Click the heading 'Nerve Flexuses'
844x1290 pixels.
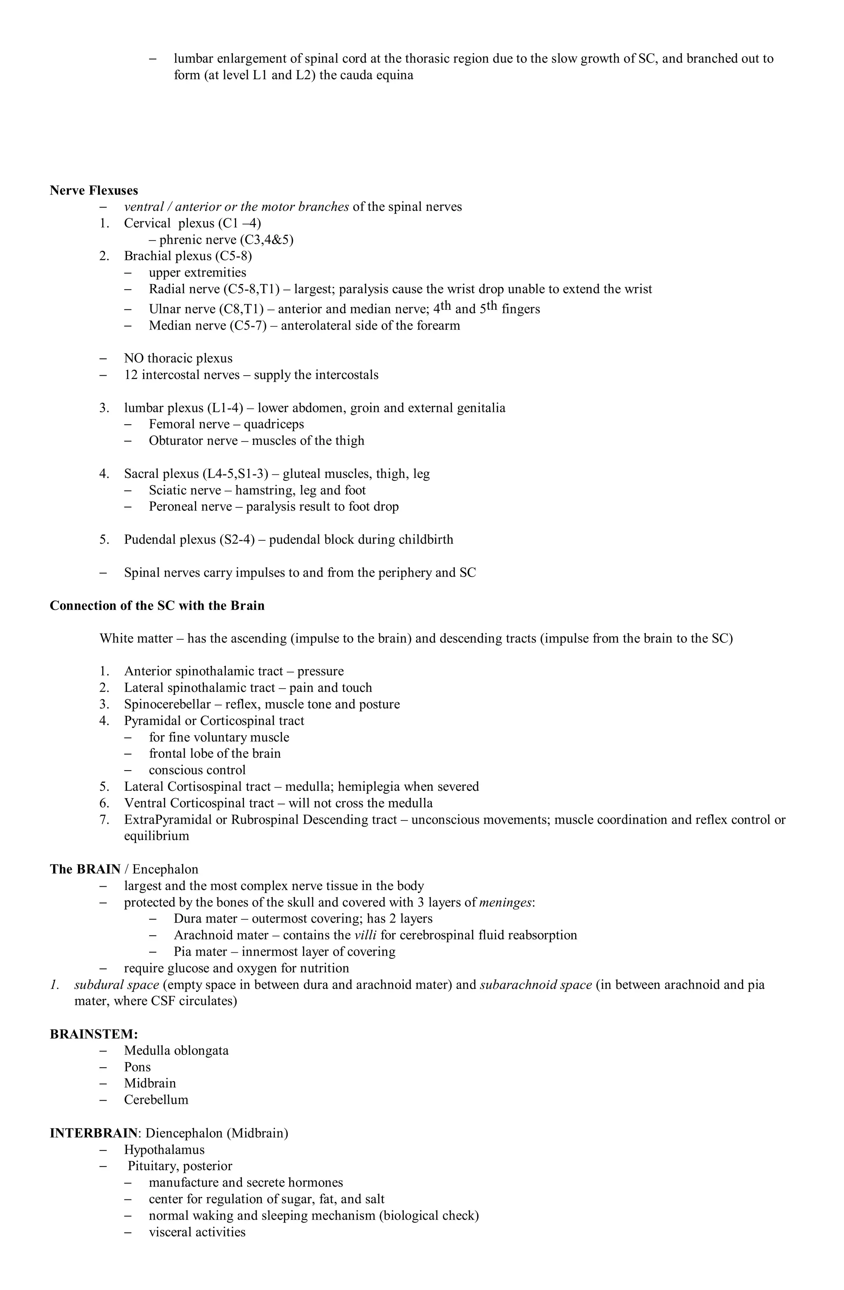click(x=94, y=190)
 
